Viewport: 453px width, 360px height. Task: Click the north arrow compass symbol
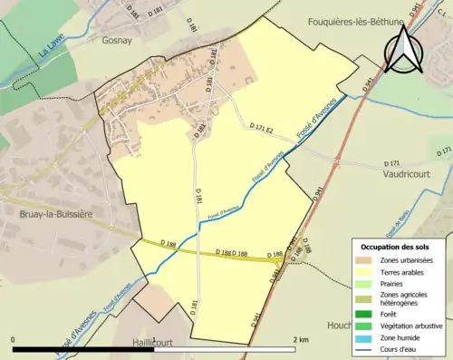404,49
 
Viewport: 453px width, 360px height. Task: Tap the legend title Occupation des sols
397,247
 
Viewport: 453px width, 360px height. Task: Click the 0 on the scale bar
14,339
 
